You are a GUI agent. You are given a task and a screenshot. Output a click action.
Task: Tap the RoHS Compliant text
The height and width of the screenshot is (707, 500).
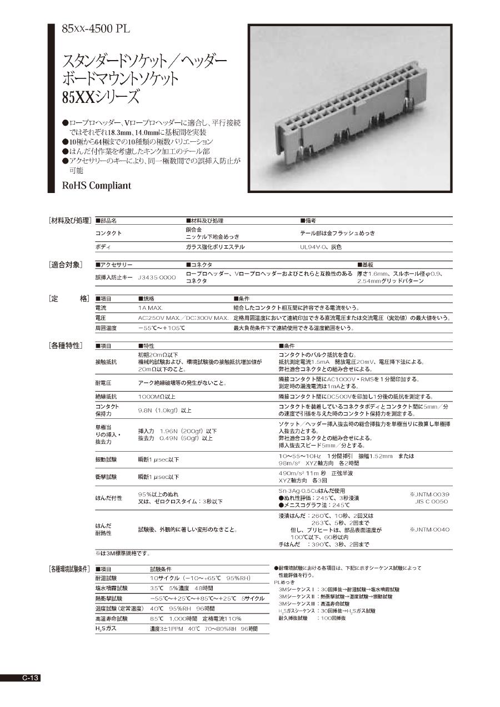(x=97, y=185)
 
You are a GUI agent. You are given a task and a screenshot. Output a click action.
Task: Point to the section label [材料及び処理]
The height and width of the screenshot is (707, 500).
(x=70, y=221)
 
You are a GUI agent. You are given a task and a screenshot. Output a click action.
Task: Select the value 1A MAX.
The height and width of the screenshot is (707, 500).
(x=151, y=308)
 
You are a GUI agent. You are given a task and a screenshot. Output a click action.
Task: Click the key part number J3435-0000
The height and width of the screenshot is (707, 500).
(x=156, y=276)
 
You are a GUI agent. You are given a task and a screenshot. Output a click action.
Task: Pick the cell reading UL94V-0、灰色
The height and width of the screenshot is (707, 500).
(x=321, y=246)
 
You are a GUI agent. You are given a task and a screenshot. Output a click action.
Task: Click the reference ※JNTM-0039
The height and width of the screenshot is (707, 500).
(x=429, y=494)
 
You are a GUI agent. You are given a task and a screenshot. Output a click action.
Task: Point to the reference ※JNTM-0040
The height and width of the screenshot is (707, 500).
(x=429, y=530)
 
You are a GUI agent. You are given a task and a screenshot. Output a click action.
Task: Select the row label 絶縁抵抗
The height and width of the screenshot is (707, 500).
(x=106, y=397)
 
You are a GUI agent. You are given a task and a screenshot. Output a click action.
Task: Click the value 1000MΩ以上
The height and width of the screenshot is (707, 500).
(x=157, y=397)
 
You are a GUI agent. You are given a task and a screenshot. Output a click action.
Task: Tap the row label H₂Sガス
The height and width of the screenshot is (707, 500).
(x=106, y=628)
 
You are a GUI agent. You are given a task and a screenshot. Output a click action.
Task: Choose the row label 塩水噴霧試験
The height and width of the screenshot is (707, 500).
(x=112, y=588)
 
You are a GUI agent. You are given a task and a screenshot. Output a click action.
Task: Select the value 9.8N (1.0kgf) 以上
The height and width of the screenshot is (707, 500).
(x=164, y=411)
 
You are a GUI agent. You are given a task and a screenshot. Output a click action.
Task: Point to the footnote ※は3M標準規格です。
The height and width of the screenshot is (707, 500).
(x=122, y=553)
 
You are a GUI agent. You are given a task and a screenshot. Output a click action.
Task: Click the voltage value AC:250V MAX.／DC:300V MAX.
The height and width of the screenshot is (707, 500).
(x=183, y=318)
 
